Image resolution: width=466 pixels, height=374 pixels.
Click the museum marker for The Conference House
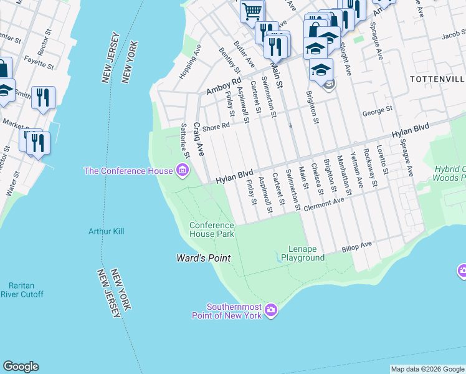tap(182, 170)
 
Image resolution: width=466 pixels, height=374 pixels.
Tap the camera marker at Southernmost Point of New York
tap(270, 310)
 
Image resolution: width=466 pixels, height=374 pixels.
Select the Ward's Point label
tap(203, 258)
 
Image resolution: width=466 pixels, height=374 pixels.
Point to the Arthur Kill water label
tap(106, 231)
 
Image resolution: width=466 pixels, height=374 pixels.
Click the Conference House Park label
tap(212, 229)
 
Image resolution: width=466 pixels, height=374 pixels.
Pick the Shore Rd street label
tap(217, 125)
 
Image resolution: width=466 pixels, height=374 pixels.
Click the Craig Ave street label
tap(199, 139)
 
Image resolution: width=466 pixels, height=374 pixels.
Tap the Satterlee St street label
tap(184, 140)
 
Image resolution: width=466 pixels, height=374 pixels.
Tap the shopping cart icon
tap(252, 11)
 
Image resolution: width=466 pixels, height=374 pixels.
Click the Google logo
tap(21, 367)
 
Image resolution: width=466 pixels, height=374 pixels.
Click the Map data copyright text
tap(427, 369)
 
